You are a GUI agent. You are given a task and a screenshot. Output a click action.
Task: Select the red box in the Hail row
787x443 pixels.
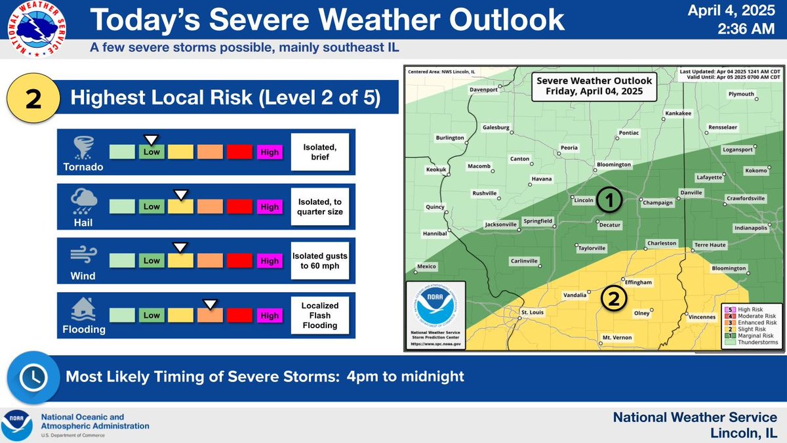(x=239, y=206)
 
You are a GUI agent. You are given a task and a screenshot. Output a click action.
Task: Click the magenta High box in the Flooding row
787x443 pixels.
(x=270, y=315)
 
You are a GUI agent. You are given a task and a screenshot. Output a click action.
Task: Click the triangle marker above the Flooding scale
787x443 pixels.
(x=210, y=303)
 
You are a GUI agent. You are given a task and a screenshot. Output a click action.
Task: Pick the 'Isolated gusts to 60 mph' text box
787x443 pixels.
(x=319, y=261)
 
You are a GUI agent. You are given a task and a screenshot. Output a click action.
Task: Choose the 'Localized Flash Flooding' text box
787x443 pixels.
(x=319, y=315)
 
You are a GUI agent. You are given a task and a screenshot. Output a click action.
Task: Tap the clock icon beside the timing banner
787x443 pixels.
(x=30, y=377)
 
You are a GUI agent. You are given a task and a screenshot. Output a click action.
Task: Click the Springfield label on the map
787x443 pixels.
(x=538, y=221)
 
